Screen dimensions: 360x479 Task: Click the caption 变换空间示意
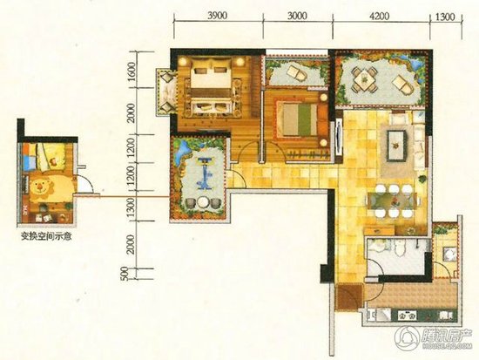coord(47,235)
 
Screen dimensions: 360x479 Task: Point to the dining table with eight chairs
coord(391,206)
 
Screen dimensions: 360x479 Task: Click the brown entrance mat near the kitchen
coord(347,296)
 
